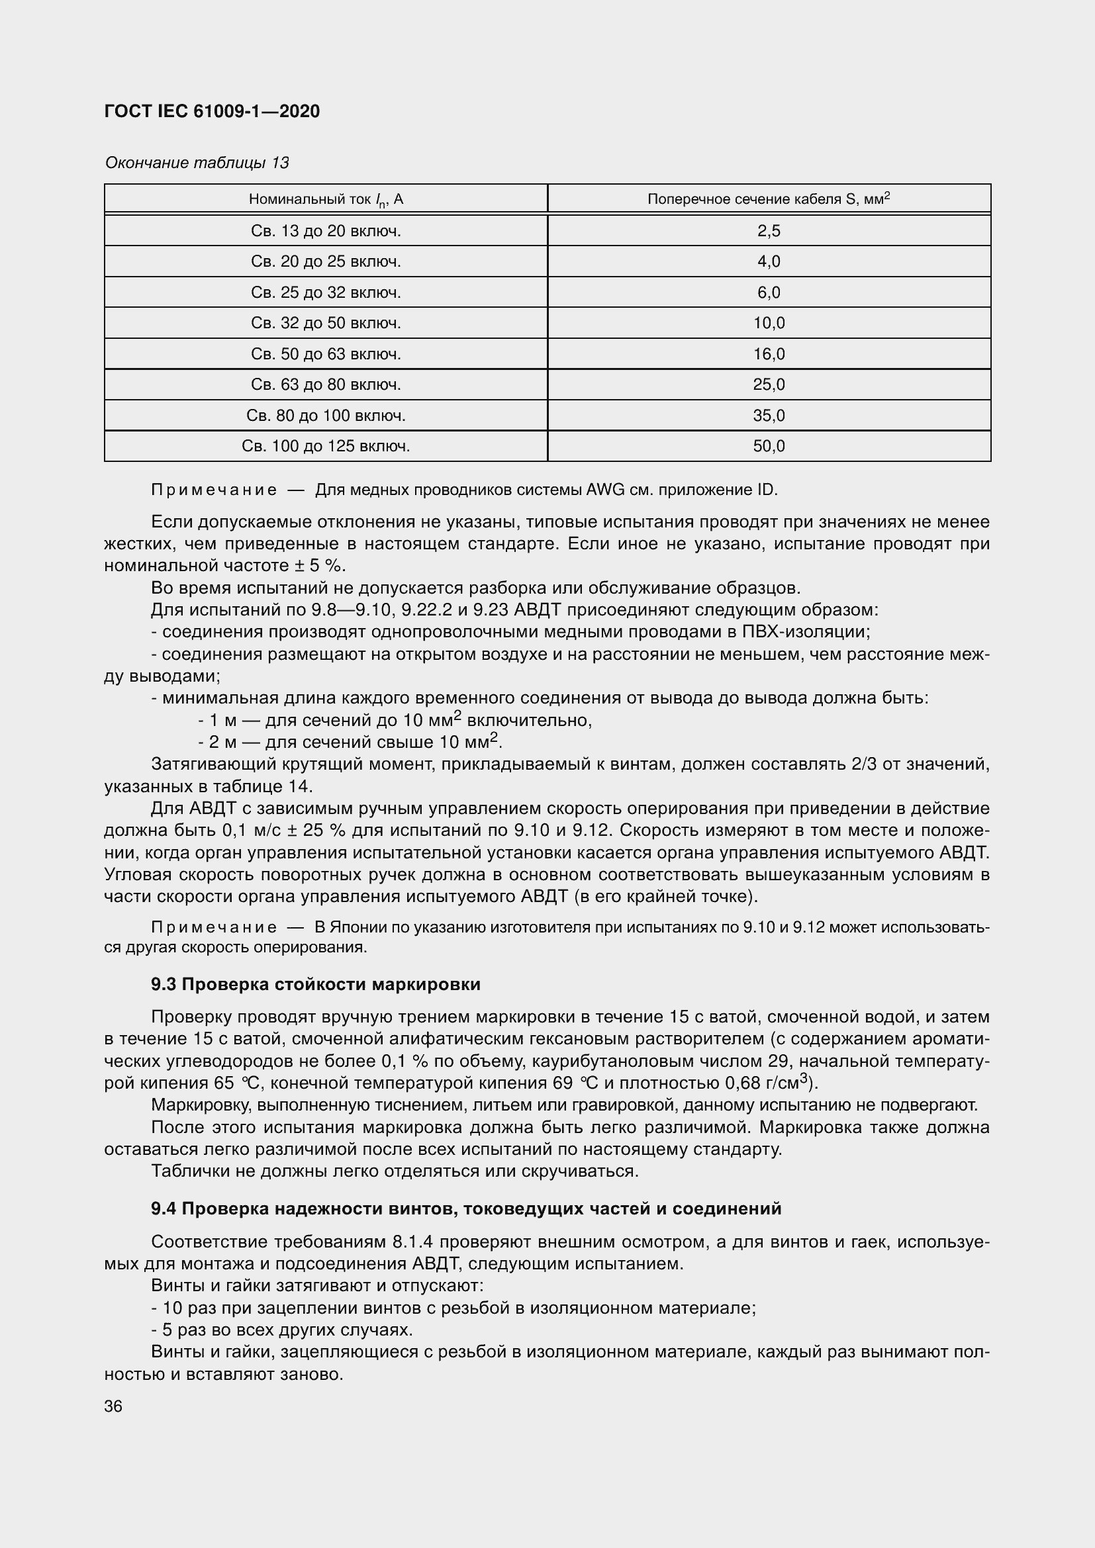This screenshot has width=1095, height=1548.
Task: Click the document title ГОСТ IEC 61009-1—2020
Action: click(x=212, y=111)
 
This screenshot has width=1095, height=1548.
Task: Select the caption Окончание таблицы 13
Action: click(x=196, y=163)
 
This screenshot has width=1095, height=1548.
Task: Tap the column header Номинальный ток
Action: click(x=326, y=199)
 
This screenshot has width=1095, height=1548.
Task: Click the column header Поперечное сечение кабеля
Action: click(x=769, y=199)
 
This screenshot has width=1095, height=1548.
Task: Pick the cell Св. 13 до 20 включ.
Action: click(x=326, y=231)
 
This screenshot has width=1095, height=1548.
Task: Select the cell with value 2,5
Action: click(x=769, y=231)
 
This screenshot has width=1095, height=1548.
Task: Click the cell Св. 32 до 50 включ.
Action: click(x=326, y=323)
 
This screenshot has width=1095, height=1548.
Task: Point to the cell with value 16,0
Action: click(x=769, y=354)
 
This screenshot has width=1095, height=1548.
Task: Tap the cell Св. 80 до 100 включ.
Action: click(x=326, y=416)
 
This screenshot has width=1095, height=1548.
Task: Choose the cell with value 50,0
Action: click(x=769, y=446)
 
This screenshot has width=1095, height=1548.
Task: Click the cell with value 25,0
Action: click(x=769, y=385)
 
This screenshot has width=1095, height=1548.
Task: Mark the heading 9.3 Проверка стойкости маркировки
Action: click(x=316, y=984)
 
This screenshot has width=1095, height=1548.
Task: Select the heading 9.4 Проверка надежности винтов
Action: click(x=466, y=1209)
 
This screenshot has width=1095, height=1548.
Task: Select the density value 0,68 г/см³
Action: click(x=768, y=1083)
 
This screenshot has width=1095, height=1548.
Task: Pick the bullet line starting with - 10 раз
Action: click(x=453, y=1308)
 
